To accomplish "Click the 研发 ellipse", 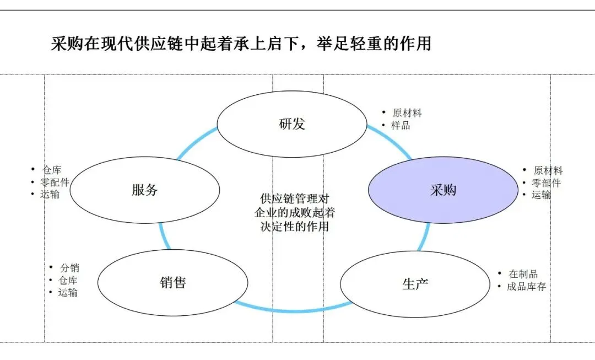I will tap(291, 124).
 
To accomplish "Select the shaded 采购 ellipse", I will tap(443, 190).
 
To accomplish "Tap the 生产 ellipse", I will tap(415, 284).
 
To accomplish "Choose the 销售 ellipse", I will tap(172, 283).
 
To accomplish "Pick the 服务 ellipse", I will tap(145, 190).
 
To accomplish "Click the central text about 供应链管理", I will tap(295, 212).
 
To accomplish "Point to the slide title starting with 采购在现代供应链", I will tap(241, 44).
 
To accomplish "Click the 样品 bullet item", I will tap(401, 126).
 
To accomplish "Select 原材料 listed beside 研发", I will tap(407, 113).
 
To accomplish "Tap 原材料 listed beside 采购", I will tap(548, 171).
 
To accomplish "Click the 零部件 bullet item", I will tap(546, 183).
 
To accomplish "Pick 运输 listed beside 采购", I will tap(541, 195).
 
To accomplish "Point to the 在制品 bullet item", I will tap(523, 274).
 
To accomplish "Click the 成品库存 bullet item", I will tap(526, 287).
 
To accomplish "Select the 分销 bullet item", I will tap(69, 268).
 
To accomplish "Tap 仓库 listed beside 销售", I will tap(68, 280).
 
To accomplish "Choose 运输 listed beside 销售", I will tap(68, 292).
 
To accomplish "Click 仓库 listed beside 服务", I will tap(52, 170).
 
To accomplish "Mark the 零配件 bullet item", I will tap(55, 182).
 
